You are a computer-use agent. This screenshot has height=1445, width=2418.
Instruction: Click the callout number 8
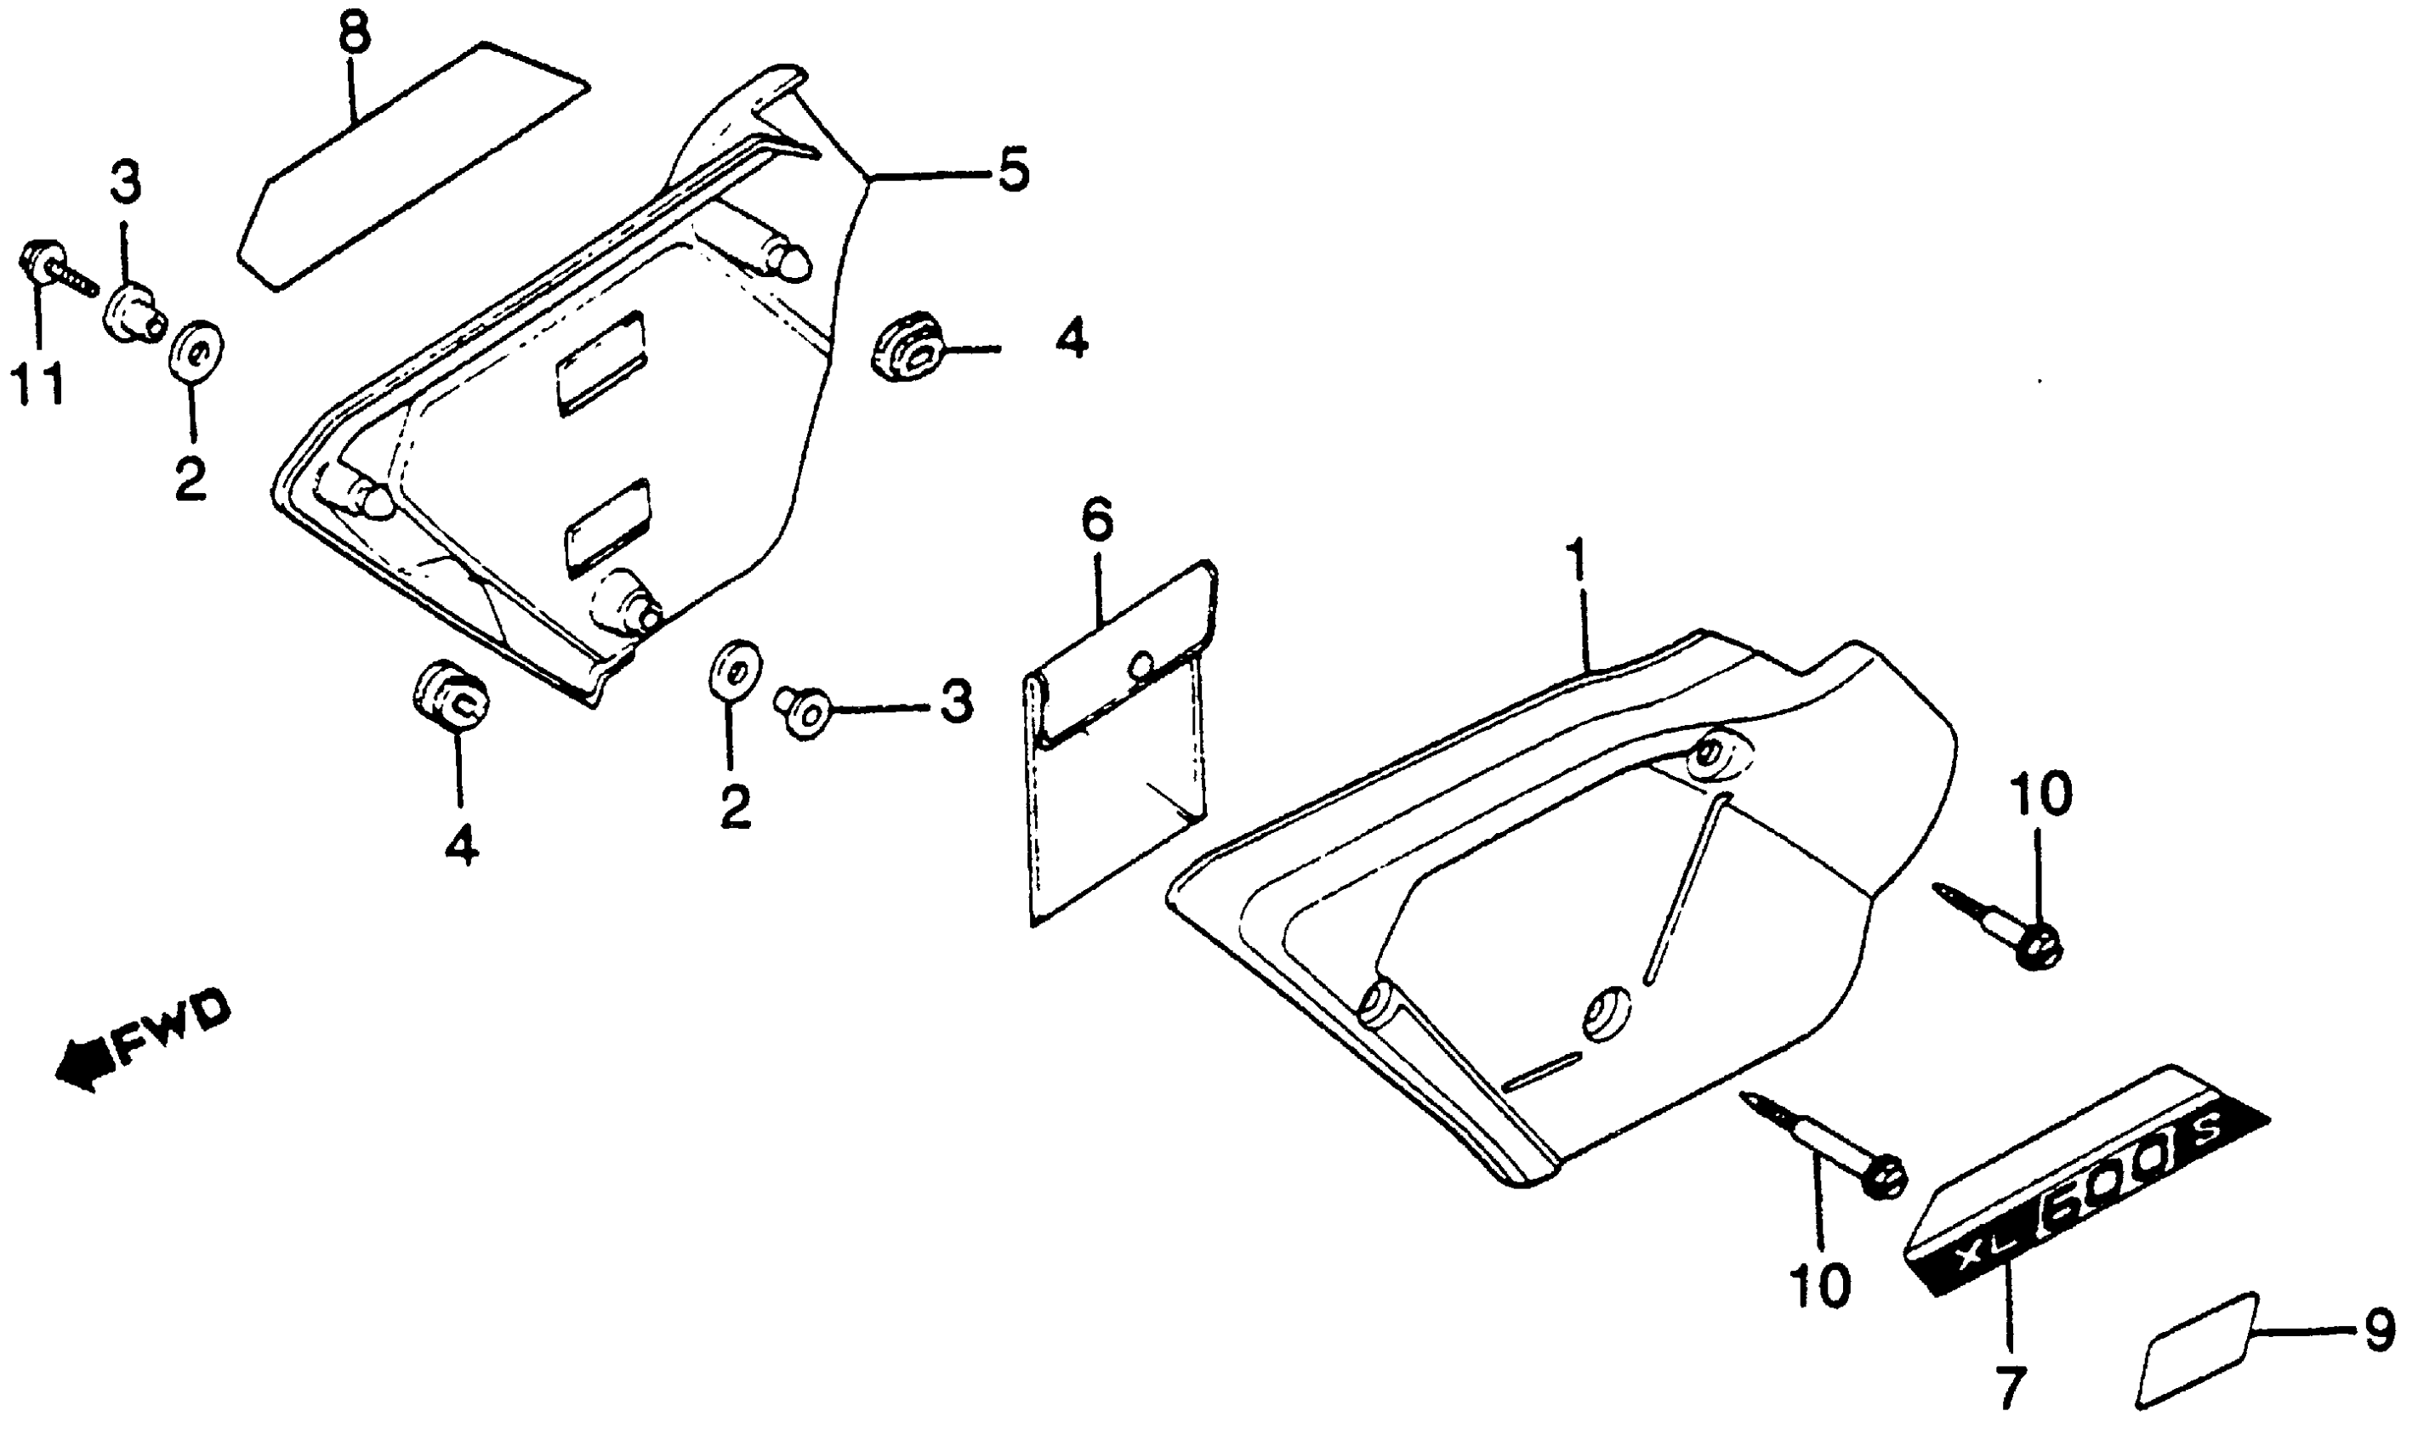click(355, 34)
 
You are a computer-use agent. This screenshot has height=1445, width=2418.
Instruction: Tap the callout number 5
click(1012, 169)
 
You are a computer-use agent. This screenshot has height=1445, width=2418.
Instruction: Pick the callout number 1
click(1575, 560)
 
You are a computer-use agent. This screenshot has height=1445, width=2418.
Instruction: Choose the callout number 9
click(2379, 1330)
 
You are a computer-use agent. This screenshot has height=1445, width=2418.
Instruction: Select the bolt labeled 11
click(54, 269)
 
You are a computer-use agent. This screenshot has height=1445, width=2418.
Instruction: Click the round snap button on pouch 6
click(1141, 665)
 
